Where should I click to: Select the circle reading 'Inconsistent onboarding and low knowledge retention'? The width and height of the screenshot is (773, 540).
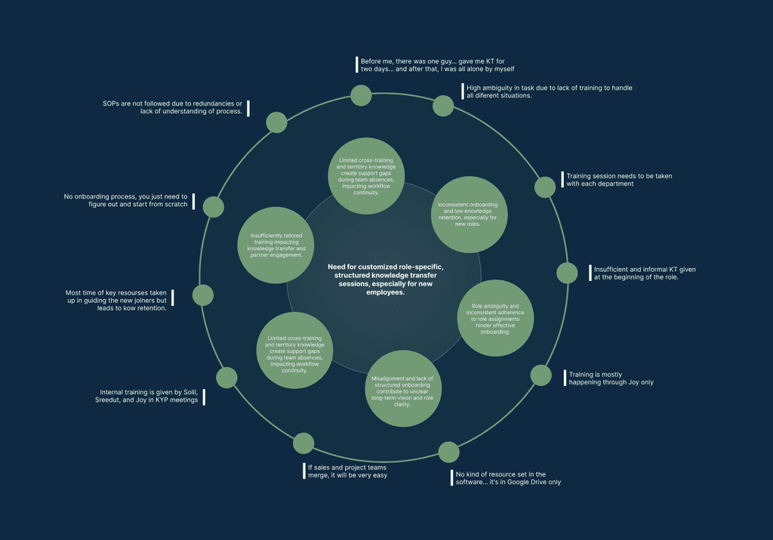469,214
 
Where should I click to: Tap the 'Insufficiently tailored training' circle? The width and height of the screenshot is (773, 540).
276,245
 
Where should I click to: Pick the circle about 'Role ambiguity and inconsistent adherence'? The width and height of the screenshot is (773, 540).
495,319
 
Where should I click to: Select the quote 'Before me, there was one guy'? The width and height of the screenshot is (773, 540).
438,65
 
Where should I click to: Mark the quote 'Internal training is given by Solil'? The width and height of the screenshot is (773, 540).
149,397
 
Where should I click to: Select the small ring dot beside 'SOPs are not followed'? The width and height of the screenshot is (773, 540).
276,122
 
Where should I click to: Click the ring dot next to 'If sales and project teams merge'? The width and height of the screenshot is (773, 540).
303,444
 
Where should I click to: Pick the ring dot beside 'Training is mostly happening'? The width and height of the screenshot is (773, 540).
541,375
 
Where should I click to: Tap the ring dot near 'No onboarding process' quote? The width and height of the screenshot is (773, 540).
214,207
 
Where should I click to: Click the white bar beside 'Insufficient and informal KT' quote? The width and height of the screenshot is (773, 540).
590,273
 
